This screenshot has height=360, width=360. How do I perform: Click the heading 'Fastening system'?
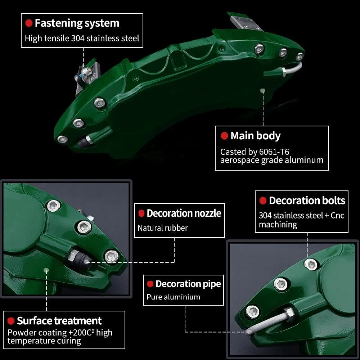(x=77, y=23)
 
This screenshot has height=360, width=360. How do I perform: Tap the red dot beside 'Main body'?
(x=224, y=136)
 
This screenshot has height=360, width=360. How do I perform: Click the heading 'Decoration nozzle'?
(x=184, y=213)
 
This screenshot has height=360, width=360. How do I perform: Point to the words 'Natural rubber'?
(x=163, y=228)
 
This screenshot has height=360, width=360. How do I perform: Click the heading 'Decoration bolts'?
(x=307, y=201)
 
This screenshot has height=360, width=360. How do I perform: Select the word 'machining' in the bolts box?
(x=278, y=225)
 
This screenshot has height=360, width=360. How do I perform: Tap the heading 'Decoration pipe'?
(x=188, y=284)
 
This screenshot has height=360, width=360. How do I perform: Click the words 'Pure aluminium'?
(x=173, y=297)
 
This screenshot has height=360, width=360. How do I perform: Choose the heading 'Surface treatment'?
(x=59, y=321)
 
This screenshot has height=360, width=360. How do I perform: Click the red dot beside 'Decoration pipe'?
(x=150, y=284)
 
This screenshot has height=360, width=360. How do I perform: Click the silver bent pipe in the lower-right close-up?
(x=266, y=323)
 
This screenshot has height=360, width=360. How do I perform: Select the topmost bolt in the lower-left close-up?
(x=53, y=206)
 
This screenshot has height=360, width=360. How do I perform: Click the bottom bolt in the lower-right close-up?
(x=253, y=311)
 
